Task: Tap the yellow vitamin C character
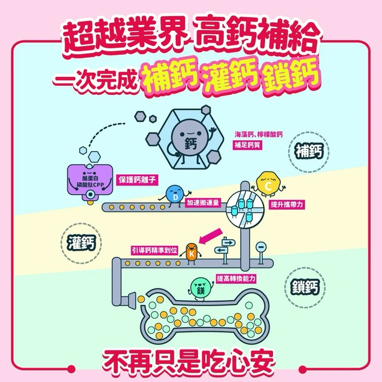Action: pos(267,184)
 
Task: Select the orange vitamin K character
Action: pos(191,253)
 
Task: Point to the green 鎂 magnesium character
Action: pos(200,289)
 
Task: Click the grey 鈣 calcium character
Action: pos(189,141)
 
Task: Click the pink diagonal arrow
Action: pos(211,236)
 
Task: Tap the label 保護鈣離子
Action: pos(137,180)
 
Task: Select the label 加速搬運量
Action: pos(203,203)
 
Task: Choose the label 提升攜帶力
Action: pos(287,204)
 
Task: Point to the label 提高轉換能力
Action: pos(236,279)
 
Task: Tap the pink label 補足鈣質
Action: pos(247,145)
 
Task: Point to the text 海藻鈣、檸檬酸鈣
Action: pos(258,134)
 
